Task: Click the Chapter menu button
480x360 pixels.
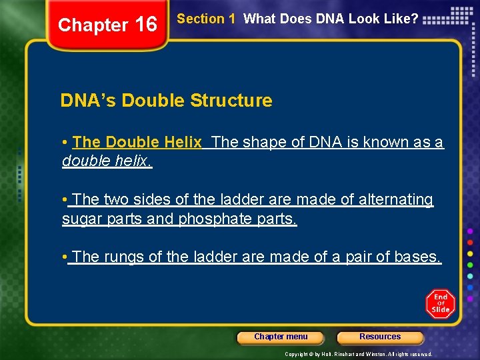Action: point(281,337)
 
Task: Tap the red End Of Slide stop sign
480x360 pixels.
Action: point(440,304)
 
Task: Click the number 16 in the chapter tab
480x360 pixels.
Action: point(145,25)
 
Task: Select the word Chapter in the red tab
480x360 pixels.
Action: point(92,25)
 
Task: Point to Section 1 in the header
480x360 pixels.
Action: point(206,19)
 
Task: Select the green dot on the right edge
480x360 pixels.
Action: point(471,264)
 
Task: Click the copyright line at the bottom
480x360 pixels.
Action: point(359,354)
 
